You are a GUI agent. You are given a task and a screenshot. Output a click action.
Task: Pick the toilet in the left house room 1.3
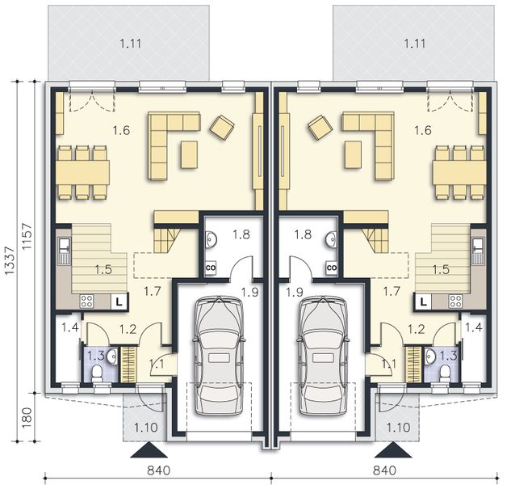point(96,373)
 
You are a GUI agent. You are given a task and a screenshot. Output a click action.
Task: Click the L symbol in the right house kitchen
point(422,302)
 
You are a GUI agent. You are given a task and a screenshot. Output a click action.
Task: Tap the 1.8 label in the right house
point(304,235)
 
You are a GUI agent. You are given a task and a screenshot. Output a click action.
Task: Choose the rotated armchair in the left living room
point(222,126)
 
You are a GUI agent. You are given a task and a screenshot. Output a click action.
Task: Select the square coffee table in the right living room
point(353,153)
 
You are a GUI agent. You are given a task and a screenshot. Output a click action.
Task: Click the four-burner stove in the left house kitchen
point(86,302)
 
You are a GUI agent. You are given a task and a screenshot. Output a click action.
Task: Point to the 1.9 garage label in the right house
point(294,292)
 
